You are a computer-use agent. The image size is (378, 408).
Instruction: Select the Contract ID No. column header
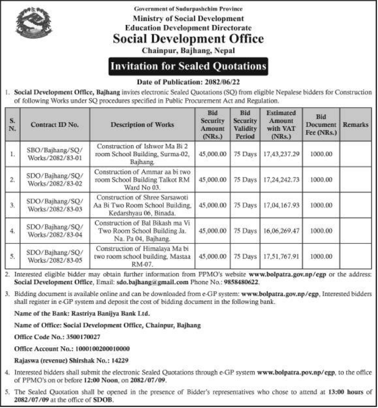coord(54,125)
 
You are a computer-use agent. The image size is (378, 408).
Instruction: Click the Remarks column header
coord(355,125)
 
